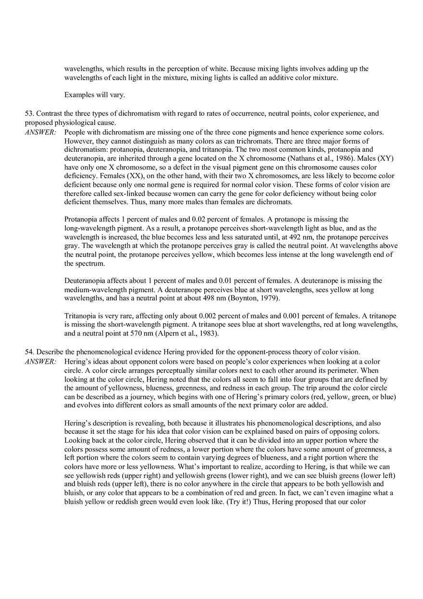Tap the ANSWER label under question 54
(x=40, y=362)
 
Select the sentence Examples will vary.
(x=94, y=95)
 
